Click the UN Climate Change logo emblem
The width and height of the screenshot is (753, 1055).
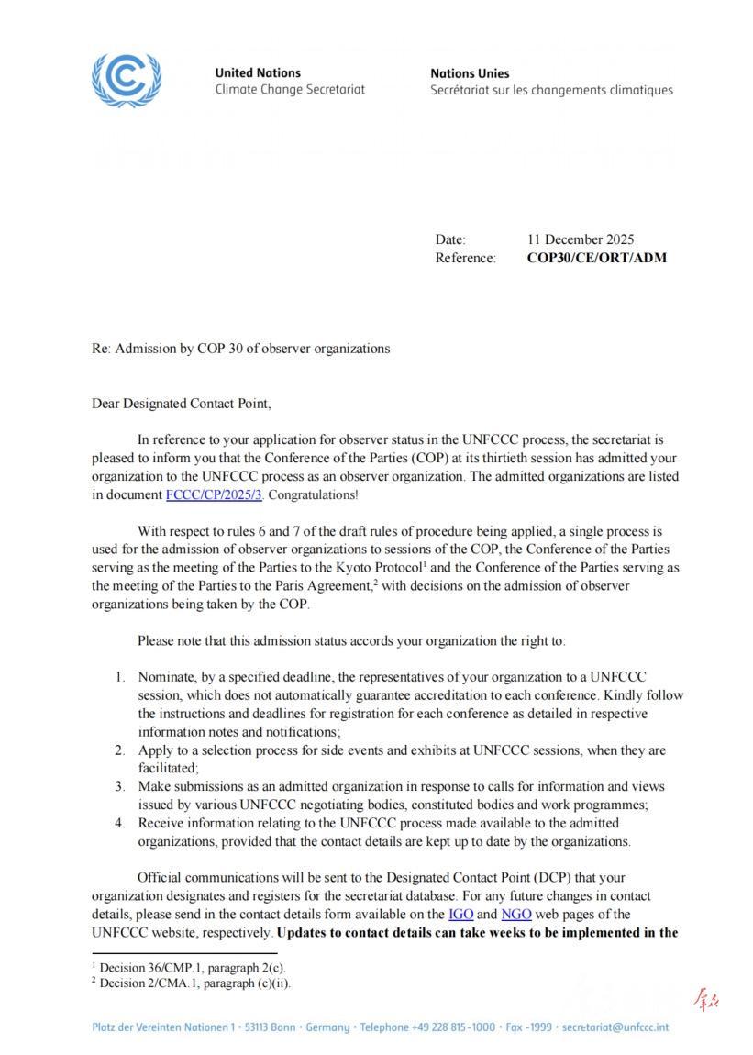pos(127,80)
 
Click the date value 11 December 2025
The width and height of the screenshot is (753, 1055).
pos(581,239)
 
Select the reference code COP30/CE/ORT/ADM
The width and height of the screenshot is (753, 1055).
pos(596,258)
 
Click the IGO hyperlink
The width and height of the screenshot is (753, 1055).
pos(460,914)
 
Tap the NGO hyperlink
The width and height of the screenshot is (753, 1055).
pos(516,914)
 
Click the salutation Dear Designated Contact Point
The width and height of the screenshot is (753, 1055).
pos(182,403)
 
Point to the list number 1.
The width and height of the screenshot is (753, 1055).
pos(119,677)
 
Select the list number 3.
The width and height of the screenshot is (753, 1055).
pos(119,786)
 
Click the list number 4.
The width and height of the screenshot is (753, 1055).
pos(119,823)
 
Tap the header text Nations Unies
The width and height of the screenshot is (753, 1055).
pos(470,73)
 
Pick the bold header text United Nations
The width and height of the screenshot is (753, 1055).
pos(258,72)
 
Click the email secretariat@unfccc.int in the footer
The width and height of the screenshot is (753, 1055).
pos(615,1027)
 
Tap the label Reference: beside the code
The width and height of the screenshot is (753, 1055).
pos(465,258)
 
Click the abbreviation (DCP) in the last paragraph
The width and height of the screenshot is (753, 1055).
pos(529,877)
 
